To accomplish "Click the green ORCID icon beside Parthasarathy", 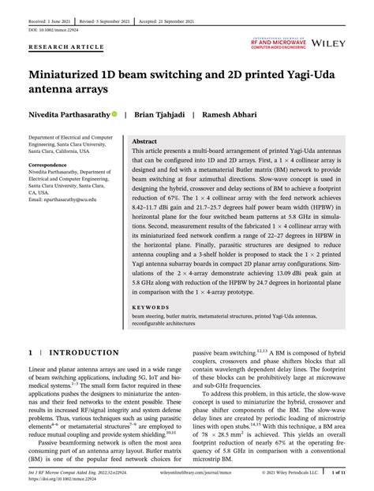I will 115,113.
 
